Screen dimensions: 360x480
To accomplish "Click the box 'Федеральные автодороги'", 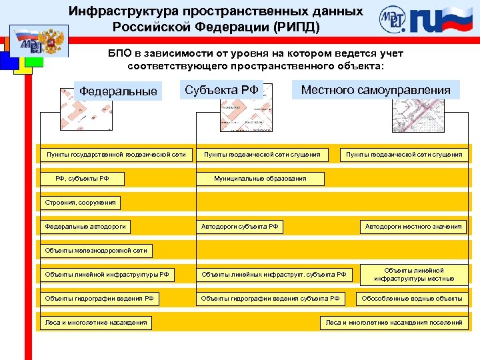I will point(85,227).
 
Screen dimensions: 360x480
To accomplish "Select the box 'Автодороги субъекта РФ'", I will point(240,227).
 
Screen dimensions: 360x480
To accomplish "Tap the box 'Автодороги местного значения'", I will point(413,227).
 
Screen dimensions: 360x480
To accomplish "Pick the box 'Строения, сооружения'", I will point(80,203).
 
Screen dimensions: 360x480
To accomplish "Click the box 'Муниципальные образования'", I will point(260,179).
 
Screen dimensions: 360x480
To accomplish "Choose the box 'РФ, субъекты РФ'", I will point(82,179).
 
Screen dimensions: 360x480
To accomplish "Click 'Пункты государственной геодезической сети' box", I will point(116,155).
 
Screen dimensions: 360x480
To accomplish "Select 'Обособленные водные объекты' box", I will point(411,299).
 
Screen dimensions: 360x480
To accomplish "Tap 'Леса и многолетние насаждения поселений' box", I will point(393,323).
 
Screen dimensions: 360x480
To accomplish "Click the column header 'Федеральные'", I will point(118,91).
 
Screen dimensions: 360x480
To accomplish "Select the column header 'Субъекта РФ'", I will point(221,90).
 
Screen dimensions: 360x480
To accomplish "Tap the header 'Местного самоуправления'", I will point(375,90).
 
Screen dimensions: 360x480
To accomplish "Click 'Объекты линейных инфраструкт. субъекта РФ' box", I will point(273,275).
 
